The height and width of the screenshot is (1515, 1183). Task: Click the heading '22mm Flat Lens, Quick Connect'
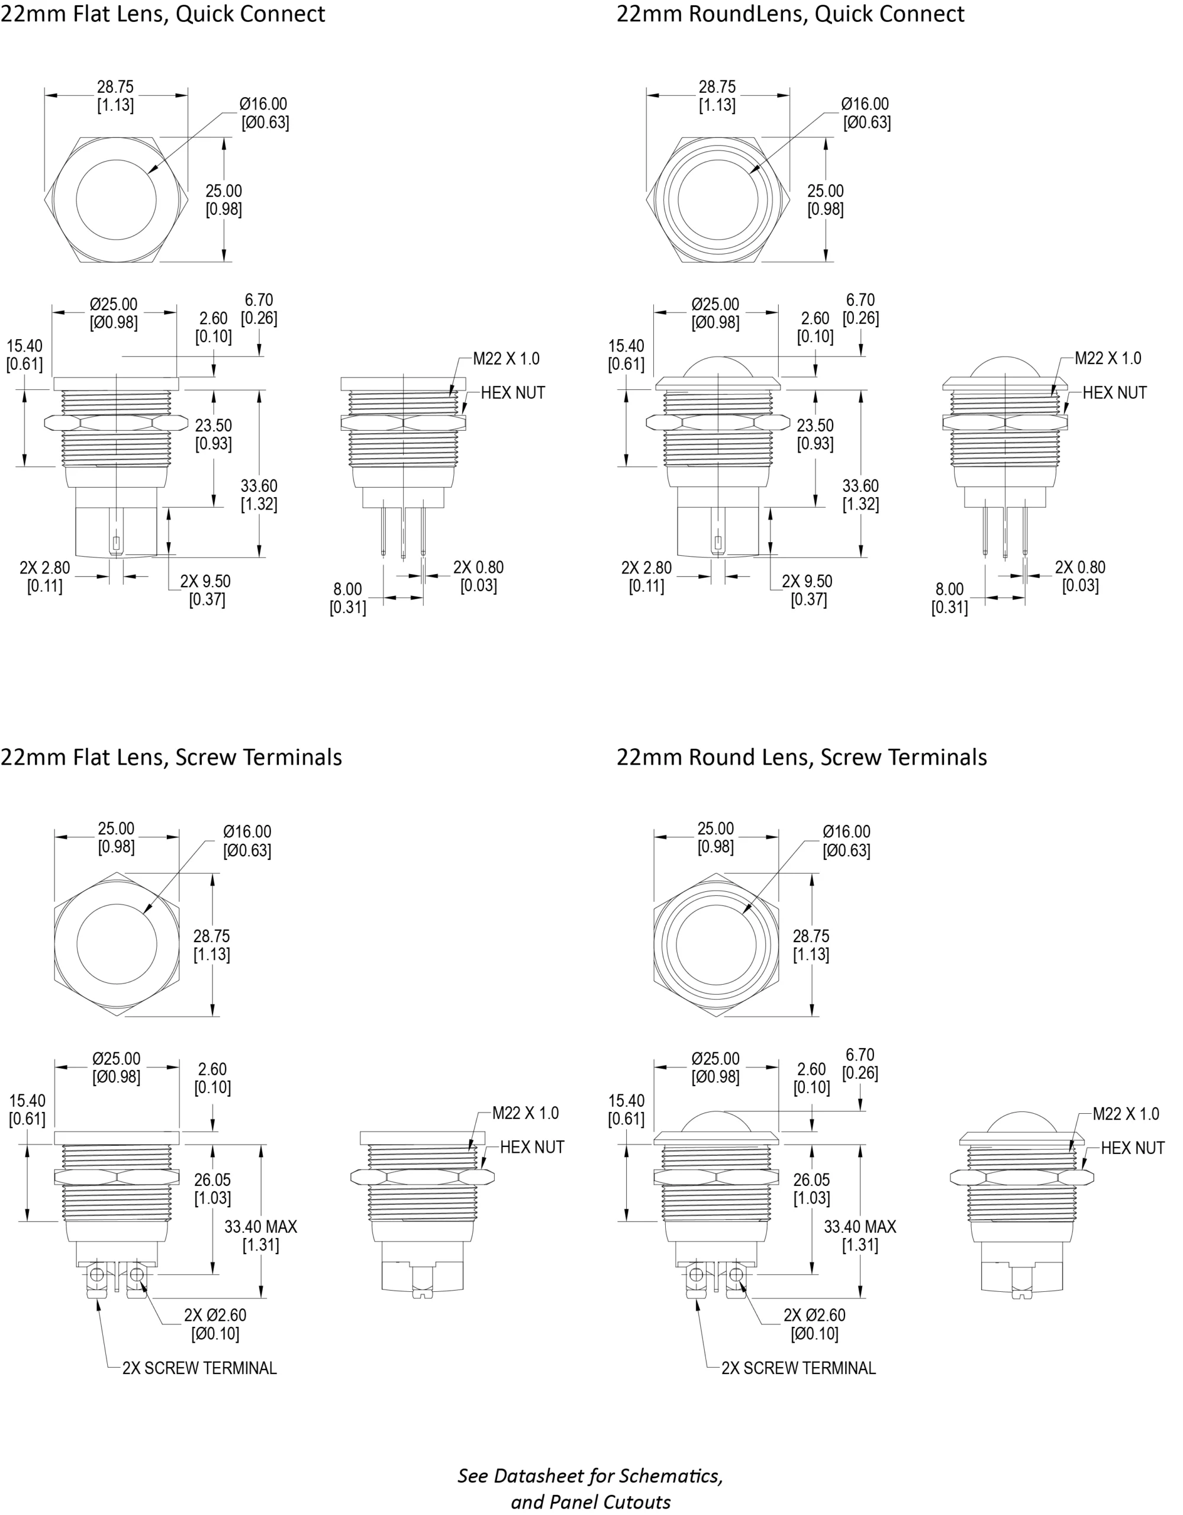tap(162, 14)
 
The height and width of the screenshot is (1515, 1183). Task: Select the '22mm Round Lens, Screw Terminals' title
tap(801, 757)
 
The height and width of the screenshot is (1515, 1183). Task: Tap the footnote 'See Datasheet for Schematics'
tap(590, 1475)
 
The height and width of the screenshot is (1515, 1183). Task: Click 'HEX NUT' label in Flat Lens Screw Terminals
tap(531, 1147)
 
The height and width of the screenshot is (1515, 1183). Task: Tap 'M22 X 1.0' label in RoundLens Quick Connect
tap(1107, 359)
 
